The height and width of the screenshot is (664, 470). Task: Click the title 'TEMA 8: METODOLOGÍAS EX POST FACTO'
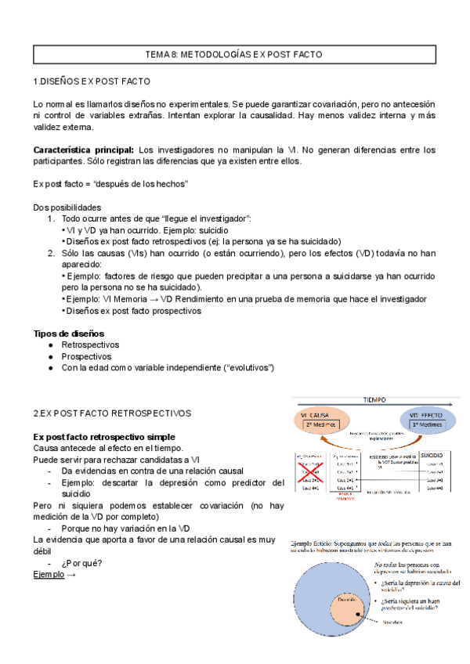234,55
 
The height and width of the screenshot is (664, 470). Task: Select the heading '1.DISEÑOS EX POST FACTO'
92,81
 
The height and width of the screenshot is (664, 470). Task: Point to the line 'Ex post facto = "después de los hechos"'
110,183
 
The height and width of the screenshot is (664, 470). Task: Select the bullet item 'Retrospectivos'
90,345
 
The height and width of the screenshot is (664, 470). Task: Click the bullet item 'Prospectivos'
86,356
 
